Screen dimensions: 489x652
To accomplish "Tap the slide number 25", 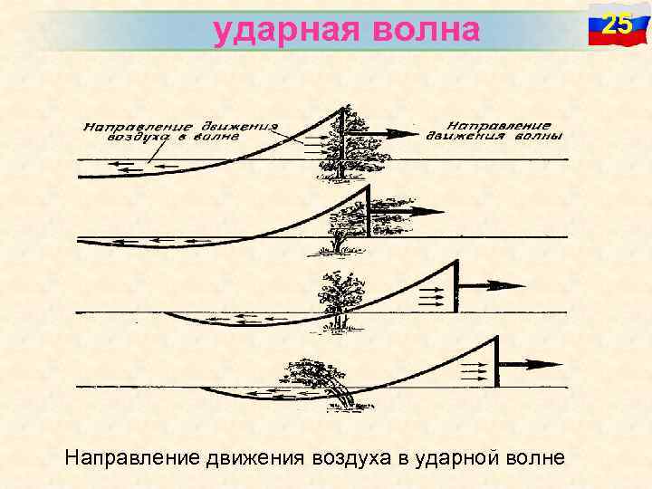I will click(x=617, y=24).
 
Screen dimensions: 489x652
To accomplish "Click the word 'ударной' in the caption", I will click(x=454, y=458).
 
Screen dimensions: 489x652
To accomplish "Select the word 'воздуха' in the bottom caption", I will click(x=350, y=458).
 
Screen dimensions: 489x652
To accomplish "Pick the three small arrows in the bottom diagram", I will click(x=474, y=370).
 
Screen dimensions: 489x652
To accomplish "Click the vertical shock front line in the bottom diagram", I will click(x=496, y=361).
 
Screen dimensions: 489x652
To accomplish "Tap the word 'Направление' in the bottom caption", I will click(x=123, y=458).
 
